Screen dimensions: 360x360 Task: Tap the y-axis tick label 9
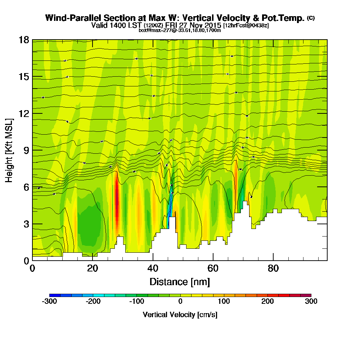point(26,150)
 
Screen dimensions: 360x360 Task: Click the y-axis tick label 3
point(26,224)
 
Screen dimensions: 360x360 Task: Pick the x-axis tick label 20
point(93,269)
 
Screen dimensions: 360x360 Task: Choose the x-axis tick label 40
point(153,269)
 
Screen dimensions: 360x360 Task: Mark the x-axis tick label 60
point(213,269)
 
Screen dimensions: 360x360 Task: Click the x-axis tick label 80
point(274,269)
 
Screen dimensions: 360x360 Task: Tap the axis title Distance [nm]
point(180,282)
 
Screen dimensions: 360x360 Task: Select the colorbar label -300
point(49,302)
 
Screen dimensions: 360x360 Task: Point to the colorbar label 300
point(311,302)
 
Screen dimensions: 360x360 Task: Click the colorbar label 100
point(224,302)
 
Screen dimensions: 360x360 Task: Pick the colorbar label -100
point(136,302)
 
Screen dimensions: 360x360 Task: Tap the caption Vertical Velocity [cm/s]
point(180,315)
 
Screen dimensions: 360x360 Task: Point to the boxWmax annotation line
point(180,30)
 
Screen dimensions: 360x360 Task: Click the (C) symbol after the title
point(311,18)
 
